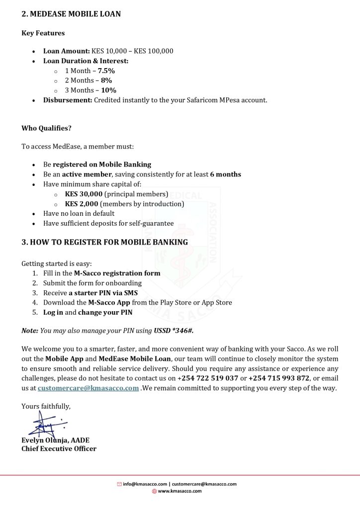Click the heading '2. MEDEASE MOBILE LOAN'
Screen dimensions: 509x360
71,14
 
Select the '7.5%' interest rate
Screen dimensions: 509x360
106,71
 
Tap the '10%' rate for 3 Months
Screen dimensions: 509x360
108,90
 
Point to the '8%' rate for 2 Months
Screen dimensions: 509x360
106,81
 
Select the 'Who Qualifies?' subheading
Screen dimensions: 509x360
46,128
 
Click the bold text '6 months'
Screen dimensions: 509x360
225,174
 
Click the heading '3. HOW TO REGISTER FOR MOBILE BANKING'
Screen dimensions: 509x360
104,242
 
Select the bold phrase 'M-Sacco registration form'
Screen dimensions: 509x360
117,273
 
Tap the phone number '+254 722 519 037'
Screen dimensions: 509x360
208,378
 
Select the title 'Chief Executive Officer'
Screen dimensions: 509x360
59,449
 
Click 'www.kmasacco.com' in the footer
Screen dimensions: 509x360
180,491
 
